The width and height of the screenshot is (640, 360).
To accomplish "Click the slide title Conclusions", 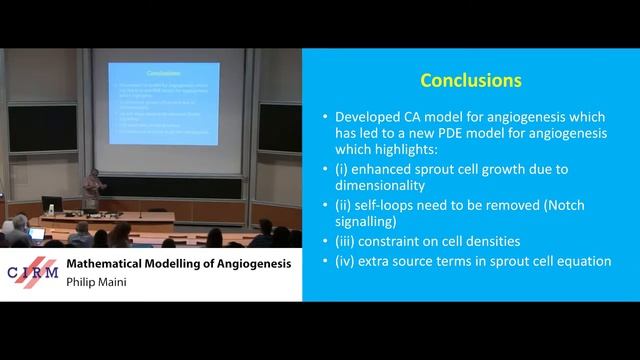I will coord(470,79).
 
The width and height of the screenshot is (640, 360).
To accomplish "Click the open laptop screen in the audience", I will coord(37,234).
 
